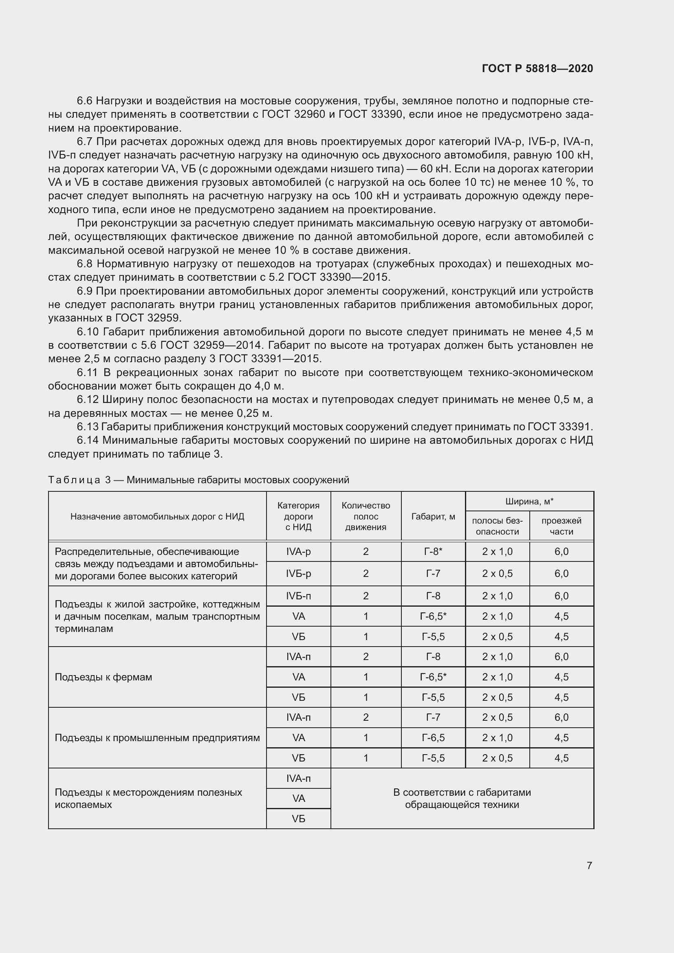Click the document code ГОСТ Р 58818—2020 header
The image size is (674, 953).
(537, 68)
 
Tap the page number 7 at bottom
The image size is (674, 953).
(589, 865)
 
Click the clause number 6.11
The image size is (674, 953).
(88, 373)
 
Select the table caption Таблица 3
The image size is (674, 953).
(79, 480)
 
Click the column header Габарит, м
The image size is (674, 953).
(433, 517)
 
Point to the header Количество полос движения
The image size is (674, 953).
(366, 516)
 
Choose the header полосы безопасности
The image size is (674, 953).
(497, 526)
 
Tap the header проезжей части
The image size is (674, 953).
(561, 526)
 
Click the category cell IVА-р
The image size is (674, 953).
(298, 552)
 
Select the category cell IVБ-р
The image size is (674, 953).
(298, 574)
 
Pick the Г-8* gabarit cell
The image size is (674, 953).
(433, 552)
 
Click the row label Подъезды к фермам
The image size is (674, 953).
(104, 678)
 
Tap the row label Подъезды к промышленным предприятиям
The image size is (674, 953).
(157, 738)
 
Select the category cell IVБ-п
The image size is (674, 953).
(298, 596)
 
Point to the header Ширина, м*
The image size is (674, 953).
(529, 502)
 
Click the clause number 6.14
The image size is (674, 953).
(88, 440)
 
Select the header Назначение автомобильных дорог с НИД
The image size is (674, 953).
(157, 517)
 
